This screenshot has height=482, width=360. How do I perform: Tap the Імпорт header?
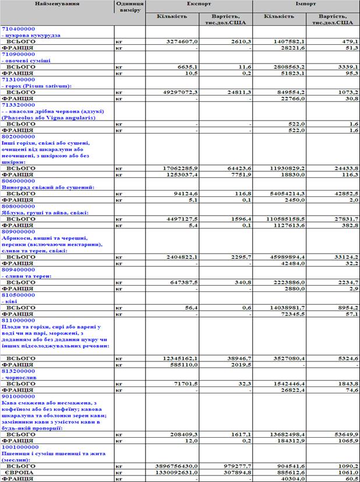click(305, 4)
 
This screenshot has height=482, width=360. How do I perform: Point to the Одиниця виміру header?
click(129, 8)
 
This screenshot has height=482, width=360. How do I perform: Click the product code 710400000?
click(19, 28)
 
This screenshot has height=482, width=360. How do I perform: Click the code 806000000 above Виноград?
click(19, 182)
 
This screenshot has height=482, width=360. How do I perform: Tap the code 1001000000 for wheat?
click(20, 447)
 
